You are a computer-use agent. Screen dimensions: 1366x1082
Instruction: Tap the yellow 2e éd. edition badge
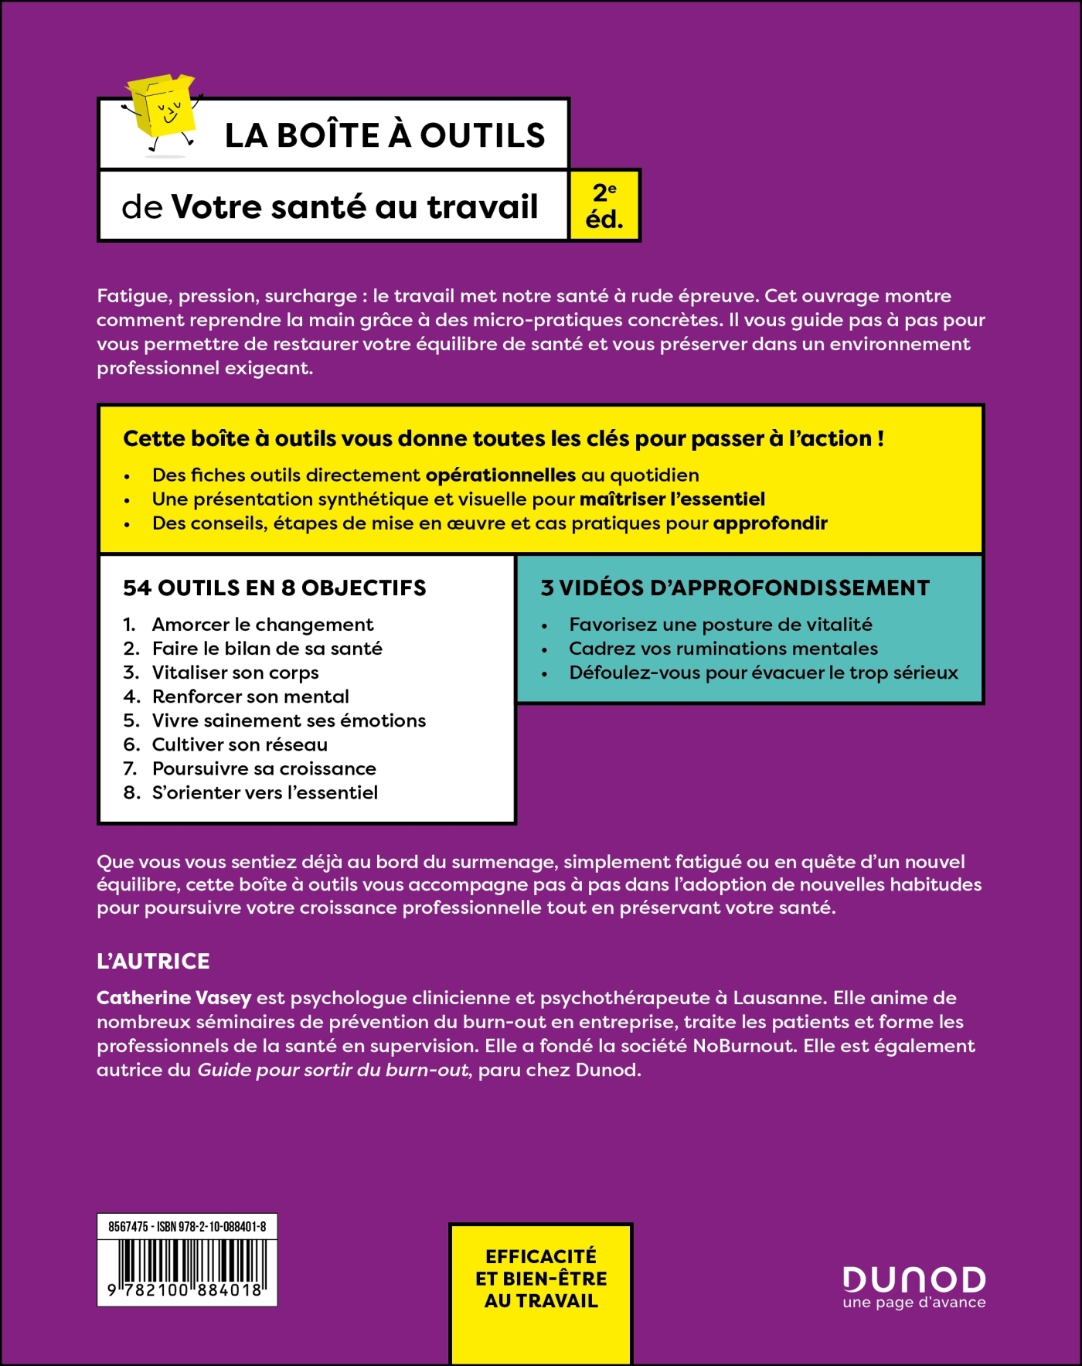point(604,206)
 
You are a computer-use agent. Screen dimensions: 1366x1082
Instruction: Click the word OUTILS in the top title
point(482,136)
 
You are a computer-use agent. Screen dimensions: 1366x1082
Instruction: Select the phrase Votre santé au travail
point(354,207)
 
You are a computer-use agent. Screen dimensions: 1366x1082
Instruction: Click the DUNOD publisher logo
point(914,1280)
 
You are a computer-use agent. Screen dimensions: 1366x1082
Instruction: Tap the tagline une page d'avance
point(914,1303)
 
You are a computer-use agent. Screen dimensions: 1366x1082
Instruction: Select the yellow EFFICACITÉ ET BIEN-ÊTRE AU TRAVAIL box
point(541,1279)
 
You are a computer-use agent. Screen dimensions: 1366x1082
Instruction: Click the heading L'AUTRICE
point(153,962)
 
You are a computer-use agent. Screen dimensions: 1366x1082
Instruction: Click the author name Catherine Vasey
point(174,998)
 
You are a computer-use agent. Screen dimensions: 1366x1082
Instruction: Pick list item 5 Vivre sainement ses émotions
point(288,720)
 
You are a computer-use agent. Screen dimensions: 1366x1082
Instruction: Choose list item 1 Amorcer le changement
point(263,625)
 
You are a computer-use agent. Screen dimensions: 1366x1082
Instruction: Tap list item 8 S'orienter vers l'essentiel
point(264,792)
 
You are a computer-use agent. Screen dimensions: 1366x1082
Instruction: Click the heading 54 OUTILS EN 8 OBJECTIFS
point(274,588)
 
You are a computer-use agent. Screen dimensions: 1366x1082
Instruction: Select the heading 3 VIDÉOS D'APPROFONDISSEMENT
point(735,588)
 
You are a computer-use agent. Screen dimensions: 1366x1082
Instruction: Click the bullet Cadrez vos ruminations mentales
point(723,649)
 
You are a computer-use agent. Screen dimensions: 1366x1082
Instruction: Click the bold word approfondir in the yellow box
point(770,523)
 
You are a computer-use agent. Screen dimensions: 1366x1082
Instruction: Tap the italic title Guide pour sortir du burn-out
point(334,1071)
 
